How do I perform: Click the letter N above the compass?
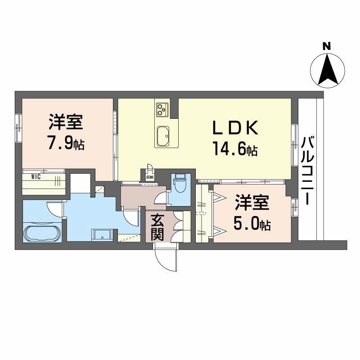click(327, 45)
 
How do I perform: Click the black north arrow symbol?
click(327, 69)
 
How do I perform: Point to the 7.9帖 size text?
click(66, 144)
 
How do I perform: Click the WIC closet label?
click(36, 176)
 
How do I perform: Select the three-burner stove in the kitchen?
click(162, 108)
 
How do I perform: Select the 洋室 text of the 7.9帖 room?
click(66, 121)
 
